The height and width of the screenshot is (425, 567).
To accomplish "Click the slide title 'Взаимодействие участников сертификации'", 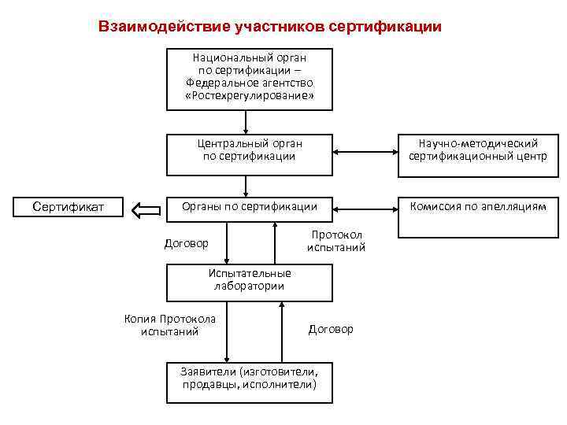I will click(x=270, y=26).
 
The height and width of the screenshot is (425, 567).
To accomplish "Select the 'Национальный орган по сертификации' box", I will click(x=249, y=79).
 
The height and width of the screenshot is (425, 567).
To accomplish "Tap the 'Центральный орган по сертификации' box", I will click(x=249, y=154).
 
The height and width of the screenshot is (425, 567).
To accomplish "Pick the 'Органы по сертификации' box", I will click(x=249, y=208).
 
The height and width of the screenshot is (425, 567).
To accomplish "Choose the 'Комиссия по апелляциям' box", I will click(x=478, y=216).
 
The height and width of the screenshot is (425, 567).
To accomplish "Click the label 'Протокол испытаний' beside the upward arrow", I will click(x=336, y=242).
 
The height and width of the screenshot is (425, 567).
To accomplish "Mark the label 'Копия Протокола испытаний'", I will click(x=170, y=325).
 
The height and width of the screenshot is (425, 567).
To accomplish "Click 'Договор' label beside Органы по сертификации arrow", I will click(x=186, y=243).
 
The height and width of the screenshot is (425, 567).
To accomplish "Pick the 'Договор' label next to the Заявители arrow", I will click(x=331, y=329).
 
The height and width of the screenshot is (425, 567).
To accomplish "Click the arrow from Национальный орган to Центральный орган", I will click(x=246, y=122).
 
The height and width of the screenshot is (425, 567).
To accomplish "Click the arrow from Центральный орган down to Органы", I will click(x=246, y=186).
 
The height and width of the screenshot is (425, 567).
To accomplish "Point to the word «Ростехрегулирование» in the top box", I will click(x=249, y=96).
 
